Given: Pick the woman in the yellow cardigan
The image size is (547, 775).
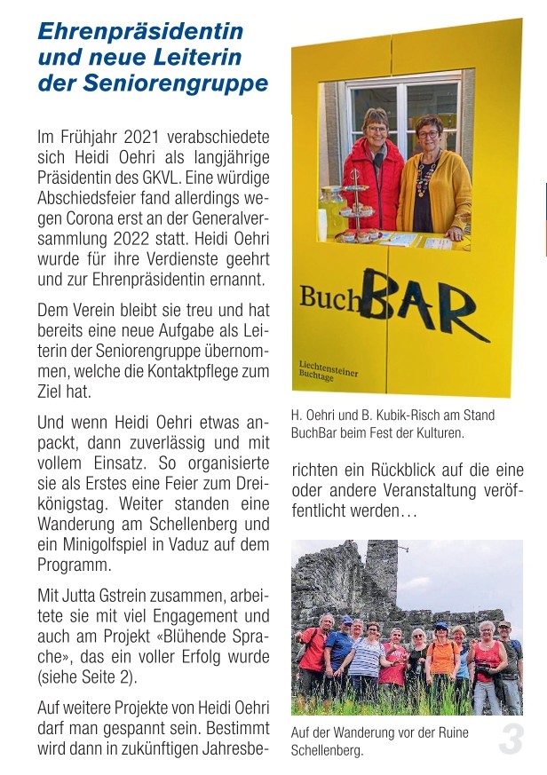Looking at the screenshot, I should pos(432,182).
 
